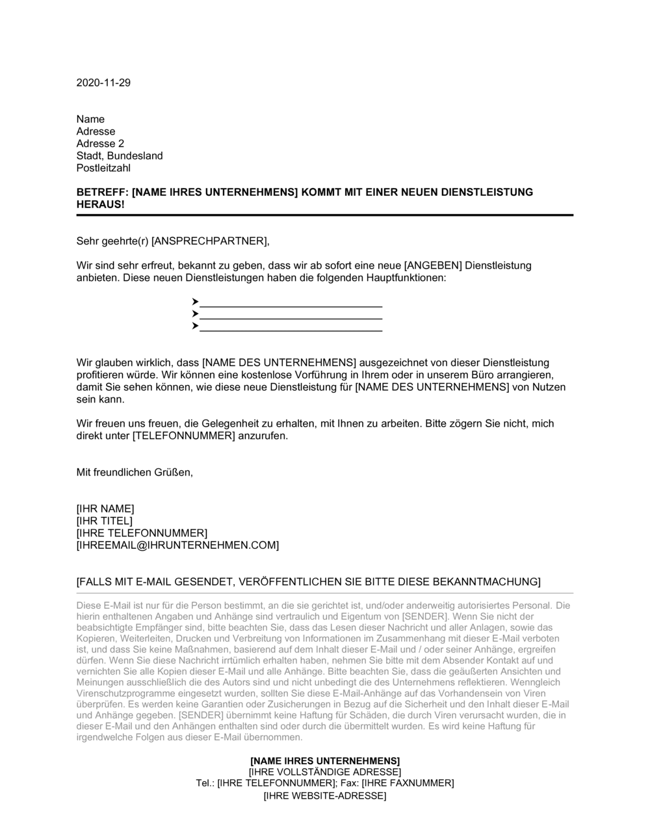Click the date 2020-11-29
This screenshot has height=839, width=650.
(103, 83)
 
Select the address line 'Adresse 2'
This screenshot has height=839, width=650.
(100, 144)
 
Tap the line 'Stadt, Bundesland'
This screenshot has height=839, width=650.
(120, 156)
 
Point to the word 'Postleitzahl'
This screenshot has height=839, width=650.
(103, 168)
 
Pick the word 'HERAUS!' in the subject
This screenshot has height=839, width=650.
(100, 204)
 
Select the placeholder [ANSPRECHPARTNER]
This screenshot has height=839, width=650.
(209, 241)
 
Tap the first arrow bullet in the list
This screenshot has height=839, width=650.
(195, 302)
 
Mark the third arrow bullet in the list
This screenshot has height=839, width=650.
(195, 326)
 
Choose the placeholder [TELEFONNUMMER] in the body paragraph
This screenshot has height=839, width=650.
(183, 436)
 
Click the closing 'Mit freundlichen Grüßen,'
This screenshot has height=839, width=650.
(135, 472)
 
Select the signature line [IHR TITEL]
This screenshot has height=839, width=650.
(104, 521)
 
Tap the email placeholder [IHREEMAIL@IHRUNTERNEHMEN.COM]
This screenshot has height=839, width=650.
(177, 545)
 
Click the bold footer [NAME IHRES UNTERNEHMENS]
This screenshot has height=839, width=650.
(325, 761)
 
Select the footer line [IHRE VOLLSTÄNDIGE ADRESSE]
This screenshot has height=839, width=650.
(325, 772)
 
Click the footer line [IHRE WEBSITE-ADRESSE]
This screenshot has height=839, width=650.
(325, 795)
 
